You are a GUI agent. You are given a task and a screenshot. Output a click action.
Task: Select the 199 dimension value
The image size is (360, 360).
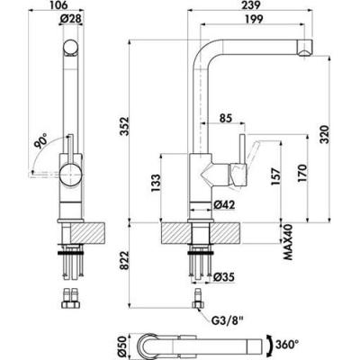click(x=254, y=19)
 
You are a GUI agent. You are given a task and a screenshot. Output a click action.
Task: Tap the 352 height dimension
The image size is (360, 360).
click(x=124, y=126)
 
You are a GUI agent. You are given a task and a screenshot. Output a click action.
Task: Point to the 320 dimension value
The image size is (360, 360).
click(x=325, y=134)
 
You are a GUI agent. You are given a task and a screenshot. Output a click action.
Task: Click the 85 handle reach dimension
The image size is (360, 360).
click(x=227, y=118)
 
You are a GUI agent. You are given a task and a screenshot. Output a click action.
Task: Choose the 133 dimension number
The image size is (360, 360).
click(x=156, y=184)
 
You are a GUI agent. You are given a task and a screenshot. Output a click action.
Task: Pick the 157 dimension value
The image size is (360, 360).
click(x=276, y=176)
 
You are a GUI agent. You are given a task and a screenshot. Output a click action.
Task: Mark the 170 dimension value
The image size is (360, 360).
click(x=302, y=173)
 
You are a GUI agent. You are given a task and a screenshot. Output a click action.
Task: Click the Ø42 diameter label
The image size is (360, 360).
click(x=224, y=205)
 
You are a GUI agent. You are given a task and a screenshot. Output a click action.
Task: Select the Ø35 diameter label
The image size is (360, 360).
click(x=223, y=277)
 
